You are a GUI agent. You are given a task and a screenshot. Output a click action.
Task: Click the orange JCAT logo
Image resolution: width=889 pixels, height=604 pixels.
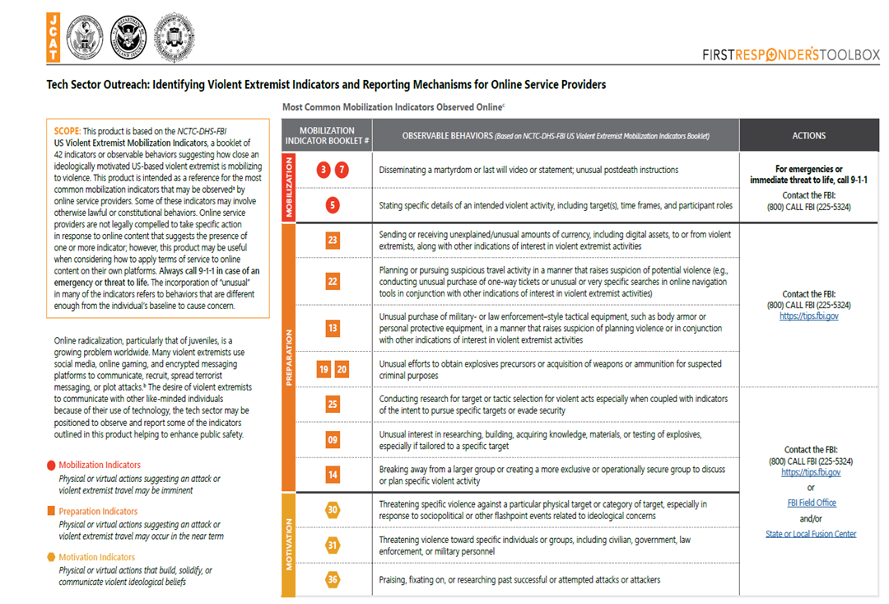[x=54, y=37]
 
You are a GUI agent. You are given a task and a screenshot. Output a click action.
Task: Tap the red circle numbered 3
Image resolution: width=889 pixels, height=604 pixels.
[x=323, y=171]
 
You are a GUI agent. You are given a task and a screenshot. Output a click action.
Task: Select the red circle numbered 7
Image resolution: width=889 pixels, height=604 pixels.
[x=342, y=171]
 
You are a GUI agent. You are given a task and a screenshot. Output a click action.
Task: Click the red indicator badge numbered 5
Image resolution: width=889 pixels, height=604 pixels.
[x=333, y=205]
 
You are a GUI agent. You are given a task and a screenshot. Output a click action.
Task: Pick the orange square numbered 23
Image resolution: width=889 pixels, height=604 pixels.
[x=333, y=241]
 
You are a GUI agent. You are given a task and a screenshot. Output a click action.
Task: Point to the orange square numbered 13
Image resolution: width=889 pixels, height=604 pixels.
[x=333, y=328]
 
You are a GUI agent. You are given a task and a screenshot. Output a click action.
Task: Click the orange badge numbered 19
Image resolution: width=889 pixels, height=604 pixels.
[x=323, y=369]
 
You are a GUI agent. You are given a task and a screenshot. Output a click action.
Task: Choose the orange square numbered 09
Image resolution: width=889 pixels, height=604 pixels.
[x=333, y=439]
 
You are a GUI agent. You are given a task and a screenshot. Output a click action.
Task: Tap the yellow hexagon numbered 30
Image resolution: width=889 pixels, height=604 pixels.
[x=333, y=510]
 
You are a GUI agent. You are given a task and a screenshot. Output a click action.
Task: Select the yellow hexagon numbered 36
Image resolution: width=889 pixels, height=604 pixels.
[x=333, y=579]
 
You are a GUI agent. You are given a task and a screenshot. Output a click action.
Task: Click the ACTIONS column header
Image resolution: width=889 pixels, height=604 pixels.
[x=808, y=136]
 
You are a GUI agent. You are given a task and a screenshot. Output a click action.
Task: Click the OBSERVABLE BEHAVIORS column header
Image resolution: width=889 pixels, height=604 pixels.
[x=556, y=136]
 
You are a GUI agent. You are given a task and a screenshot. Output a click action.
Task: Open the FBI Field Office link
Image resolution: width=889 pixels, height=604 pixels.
[x=811, y=503]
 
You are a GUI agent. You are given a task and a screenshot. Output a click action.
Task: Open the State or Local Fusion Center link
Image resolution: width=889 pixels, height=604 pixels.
[x=811, y=534]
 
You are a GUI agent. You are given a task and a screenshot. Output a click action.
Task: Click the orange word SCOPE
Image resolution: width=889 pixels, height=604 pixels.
[x=67, y=131]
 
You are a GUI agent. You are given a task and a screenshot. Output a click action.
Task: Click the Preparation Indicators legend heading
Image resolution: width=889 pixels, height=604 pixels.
[x=98, y=512]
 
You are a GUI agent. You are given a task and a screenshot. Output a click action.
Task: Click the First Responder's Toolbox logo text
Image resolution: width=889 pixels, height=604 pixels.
[x=790, y=55]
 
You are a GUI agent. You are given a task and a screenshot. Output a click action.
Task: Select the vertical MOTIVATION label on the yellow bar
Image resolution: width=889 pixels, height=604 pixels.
[x=288, y=543]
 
